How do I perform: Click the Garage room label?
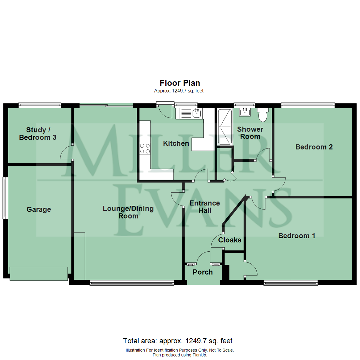coord(39,209)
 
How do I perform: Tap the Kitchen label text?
coord(176,144)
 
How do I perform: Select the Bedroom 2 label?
coord(314,147)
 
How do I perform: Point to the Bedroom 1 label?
coord(297,236)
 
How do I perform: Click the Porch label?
coord(203,272)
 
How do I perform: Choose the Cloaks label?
coord(230,240)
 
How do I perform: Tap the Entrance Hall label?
coord(204,207)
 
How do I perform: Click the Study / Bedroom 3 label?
coord(37,133)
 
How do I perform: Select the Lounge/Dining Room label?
coord(128,212)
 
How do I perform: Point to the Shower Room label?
coord(250,133)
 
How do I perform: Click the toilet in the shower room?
coord(262,114)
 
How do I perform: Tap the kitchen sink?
coord(196,113)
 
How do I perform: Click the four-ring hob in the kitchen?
coord(145,148)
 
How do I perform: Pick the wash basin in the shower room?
coord(246,111)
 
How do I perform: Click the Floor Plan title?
coord(180,83)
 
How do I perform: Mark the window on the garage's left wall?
coord(5,198)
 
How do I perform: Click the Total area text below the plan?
coord(178,341)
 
